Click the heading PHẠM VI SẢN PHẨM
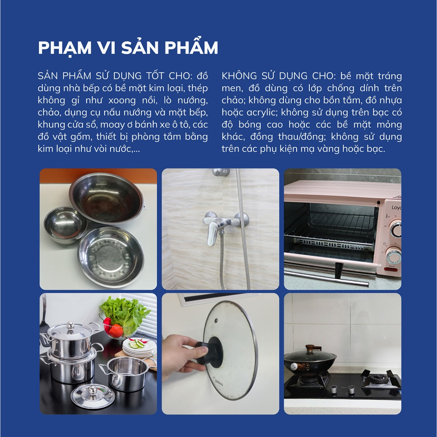click(x=128, y=48)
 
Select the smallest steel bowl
click(x=65, y=224)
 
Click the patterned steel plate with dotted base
click(x=111, y=256)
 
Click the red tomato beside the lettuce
click(x=116, y=331)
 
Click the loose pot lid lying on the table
click(x=93, y=396)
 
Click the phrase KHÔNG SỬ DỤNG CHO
click(x=277, y=76)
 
